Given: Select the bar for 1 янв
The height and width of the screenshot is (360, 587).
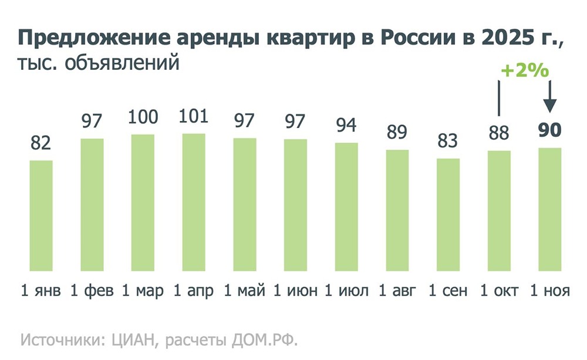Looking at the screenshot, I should pyautogui.click(x=41, y=216).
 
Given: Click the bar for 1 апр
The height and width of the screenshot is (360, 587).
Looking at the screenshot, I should pyautogui.click(x=194, y=203).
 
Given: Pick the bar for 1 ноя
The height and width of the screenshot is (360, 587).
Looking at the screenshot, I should pyautogui.click(x=549, y=210).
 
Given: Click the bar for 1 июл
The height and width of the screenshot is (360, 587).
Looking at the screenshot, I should pyautogui.click(x=346, y=207).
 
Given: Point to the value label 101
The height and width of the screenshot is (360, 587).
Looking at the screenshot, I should pyautogui.click(x=194, y=117).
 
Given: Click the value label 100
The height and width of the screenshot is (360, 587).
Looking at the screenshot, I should pyautogui.click(x=143, y=117).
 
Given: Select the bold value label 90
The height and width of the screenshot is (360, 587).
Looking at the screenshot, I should pyautogui.click(x=549, y=130).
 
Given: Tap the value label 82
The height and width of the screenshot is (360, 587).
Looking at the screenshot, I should pyautogui.click(x=41, y=144).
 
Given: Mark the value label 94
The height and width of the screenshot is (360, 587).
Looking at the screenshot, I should pyautogui.click(x=346, y=126).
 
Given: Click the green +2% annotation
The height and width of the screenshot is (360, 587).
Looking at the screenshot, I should pyautogui.click(x=524, y=70).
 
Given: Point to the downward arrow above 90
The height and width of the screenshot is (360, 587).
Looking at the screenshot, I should pyautogui.click(x=549, y=97).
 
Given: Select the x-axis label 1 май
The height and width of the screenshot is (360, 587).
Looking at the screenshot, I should pyautogui.click(x=244, y=291).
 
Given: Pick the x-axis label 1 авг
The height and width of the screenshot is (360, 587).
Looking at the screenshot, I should pyautogui.click(x=397, y=291).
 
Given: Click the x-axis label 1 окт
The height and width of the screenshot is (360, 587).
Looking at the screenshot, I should pyautogui.click(x=499, y=291).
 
